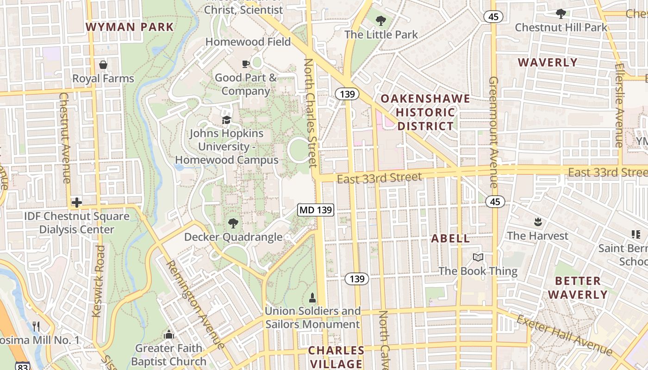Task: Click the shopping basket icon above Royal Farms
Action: (103, 65)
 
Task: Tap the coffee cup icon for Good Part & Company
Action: (245, 64)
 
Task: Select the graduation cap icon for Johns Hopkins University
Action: (226, 120)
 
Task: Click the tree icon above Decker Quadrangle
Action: (233, 224)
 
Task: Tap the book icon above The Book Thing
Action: (478, 258)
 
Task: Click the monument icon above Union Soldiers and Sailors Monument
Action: (312, 297)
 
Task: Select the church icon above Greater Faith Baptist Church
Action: (169, 334)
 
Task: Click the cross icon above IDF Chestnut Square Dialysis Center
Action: (77, 203)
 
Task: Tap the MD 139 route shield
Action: (315, 210)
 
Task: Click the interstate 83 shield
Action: (21, 365)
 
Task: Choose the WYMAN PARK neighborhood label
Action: (130, 27)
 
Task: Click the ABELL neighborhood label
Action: (450, 239)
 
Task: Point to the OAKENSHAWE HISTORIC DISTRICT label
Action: (425, 112)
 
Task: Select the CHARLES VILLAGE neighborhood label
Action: (336, 357)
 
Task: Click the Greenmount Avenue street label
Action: (493, 132)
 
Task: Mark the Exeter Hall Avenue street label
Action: (564, 335)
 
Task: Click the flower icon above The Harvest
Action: (537, 222)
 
